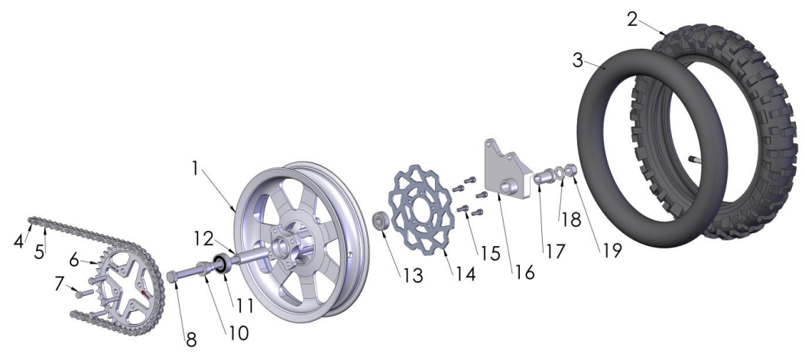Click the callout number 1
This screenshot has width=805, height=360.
[195, 168]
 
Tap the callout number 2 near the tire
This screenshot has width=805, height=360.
[632, 20]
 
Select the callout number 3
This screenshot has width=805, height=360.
[578, 60]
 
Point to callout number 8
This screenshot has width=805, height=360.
[191, 339]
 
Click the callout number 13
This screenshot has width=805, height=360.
[413, 276]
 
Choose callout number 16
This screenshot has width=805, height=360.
[524, 272]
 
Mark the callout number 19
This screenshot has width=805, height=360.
[612, 250]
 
